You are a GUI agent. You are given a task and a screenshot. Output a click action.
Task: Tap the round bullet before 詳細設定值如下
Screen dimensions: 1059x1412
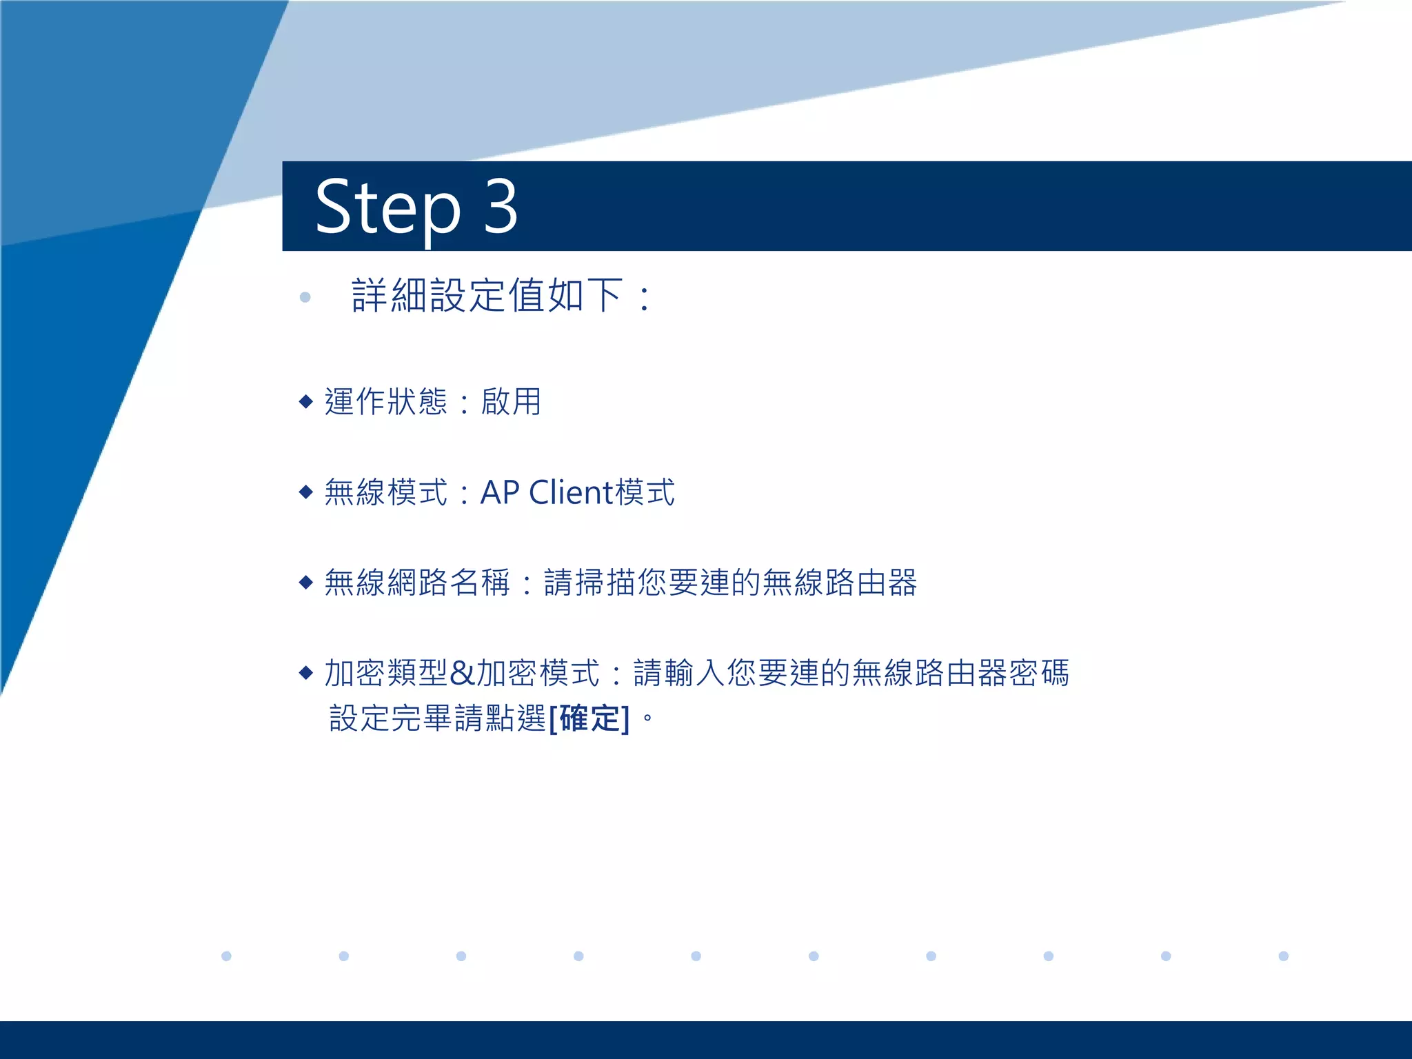click(305, 297)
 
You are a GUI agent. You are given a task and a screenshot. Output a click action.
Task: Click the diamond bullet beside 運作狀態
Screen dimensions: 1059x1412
click(306, 401)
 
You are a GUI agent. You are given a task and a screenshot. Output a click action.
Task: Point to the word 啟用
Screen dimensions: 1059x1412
click(511, 401)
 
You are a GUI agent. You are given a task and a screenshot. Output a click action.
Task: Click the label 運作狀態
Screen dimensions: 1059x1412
click(386, 401)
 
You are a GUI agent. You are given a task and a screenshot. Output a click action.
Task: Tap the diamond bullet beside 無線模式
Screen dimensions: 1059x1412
click(306, 492)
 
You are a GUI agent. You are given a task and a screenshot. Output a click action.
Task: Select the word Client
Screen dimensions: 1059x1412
click(571, 492)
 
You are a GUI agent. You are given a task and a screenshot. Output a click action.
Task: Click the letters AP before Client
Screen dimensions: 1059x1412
click(499, 492)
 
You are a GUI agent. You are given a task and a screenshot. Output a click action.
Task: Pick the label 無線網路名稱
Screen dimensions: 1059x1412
click(417, 583)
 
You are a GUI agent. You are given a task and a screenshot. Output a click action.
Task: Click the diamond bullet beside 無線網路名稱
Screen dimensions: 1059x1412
click(306, 583)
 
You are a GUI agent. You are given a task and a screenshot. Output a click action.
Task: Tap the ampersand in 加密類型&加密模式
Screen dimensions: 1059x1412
click(461, 674)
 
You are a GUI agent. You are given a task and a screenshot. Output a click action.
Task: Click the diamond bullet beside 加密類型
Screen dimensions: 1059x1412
click(306, 673)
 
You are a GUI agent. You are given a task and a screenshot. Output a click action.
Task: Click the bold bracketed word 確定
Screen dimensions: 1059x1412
click(589, 718)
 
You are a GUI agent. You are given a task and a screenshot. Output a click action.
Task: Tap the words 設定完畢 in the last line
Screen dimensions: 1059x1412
click(390, 718)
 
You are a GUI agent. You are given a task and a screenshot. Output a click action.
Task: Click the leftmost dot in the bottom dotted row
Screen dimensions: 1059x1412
click(226, 956)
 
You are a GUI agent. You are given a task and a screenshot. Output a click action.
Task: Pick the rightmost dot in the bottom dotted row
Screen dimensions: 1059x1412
click(1283, 956)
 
